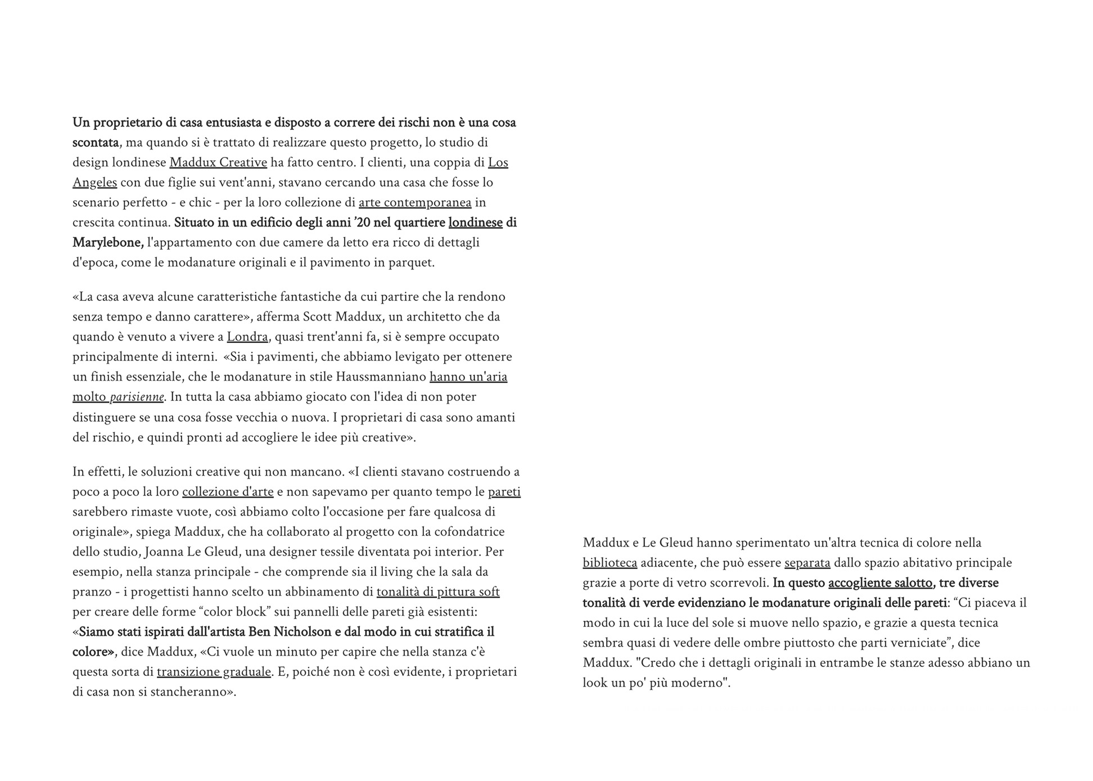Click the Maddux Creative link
point(218,162)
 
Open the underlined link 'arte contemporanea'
point(415,202)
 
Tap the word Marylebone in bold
point(107,242)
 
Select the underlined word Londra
point(247,337)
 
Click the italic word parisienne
point(137,397)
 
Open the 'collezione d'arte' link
point(228,492)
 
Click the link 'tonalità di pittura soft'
point(438,592)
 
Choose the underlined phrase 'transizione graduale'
point(214,672)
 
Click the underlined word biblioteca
point(609,563)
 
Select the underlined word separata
point(807,563)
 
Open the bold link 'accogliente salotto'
point(880,583)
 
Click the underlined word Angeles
point(94,183)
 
